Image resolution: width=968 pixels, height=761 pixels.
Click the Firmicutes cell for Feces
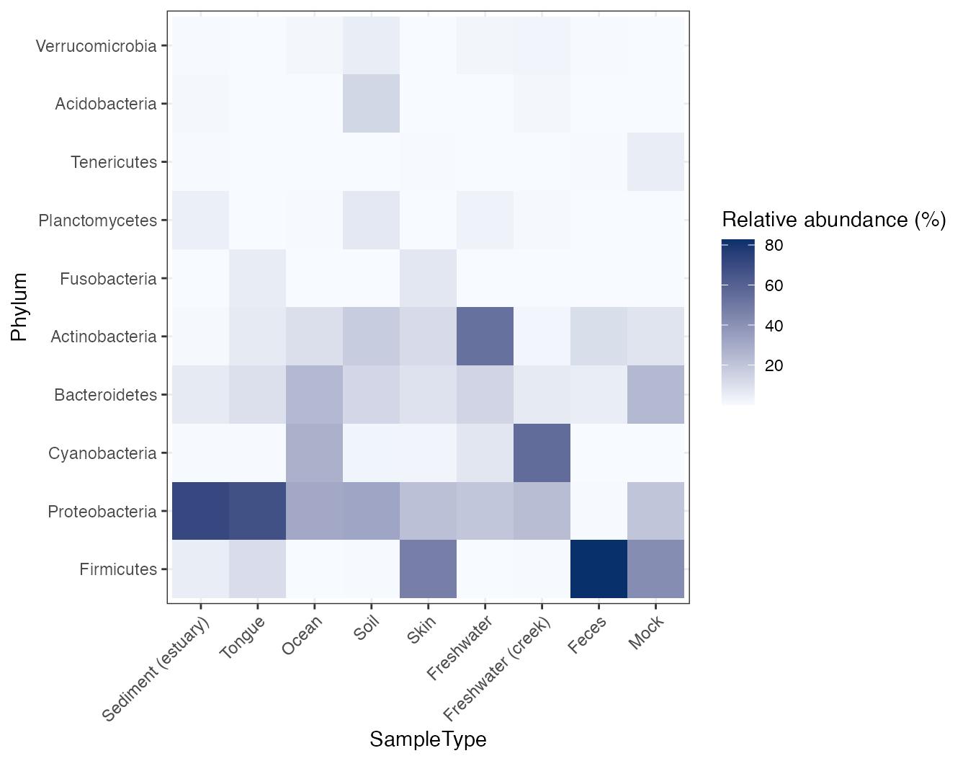[599, 569]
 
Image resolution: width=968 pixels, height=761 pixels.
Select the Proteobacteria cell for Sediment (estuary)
[200, 511]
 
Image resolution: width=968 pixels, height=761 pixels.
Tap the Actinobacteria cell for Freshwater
[485, 337]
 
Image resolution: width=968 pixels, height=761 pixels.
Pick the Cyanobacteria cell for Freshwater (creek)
[542, 453]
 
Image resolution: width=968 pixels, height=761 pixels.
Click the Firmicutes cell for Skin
[428, 569]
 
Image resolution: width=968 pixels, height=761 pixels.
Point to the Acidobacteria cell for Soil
[371, 104]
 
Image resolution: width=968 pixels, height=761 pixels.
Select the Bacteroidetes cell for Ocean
[314, 395]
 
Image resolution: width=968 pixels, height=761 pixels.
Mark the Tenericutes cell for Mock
[655, 162]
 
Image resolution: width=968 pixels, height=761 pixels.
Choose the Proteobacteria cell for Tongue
[257, 511]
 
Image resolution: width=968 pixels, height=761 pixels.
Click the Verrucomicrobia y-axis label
[96, 46]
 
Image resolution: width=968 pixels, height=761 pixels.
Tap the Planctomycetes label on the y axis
[97, 221]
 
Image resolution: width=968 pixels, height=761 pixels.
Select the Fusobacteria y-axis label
[108, 279]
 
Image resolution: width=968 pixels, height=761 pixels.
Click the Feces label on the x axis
[587, 635]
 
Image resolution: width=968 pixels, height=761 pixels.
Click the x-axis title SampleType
[428, 739]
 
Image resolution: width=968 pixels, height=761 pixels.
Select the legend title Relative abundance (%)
[833, 220]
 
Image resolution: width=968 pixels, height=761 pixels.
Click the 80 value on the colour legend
[774, 246]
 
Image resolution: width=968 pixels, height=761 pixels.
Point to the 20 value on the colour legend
[774, 366]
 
